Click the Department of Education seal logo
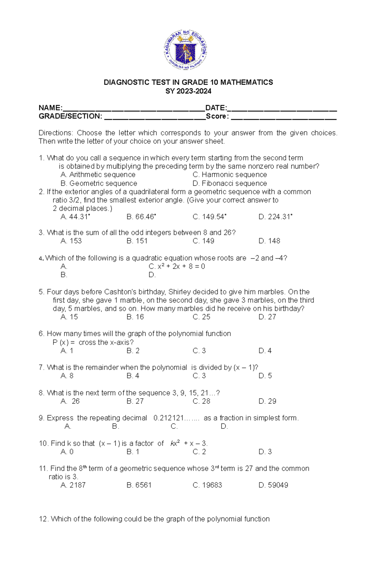185,50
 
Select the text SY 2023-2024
188,91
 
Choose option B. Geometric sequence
99,183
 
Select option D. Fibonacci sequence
230,183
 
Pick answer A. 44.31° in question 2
75,217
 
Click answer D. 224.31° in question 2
275,217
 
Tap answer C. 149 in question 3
203,241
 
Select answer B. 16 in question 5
135,317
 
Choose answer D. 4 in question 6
265,351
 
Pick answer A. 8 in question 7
67,376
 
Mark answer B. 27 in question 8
135,401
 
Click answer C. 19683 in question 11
207,485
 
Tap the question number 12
43,519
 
